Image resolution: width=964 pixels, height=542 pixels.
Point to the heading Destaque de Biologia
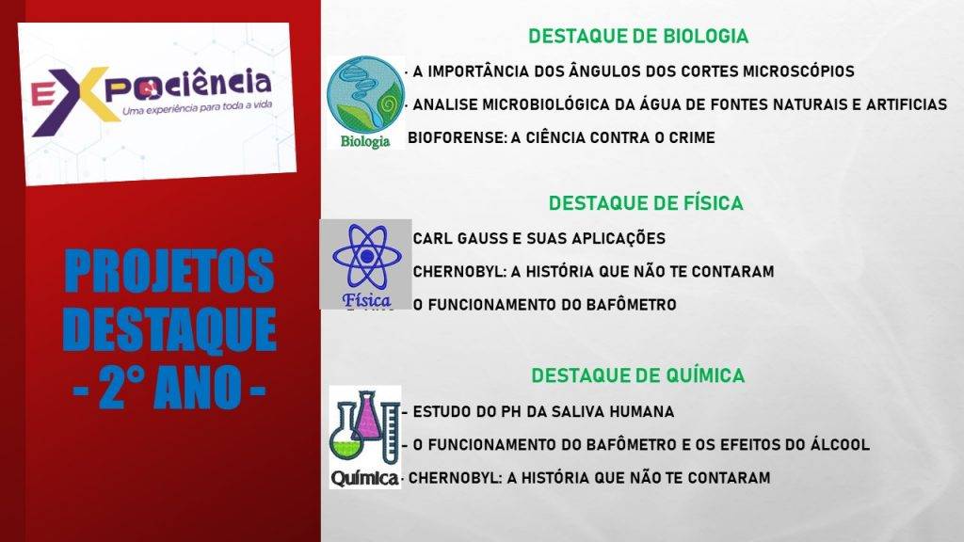coord(638,37)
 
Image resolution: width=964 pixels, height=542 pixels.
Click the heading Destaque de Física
coord(646,203)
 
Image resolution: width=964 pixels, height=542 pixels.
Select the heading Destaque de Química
coord(637,375)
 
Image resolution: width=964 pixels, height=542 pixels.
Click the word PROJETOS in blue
coord(169,271)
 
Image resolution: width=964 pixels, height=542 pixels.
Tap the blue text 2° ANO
coord(169,387)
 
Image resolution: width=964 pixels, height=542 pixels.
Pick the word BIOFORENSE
coord(457,137)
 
